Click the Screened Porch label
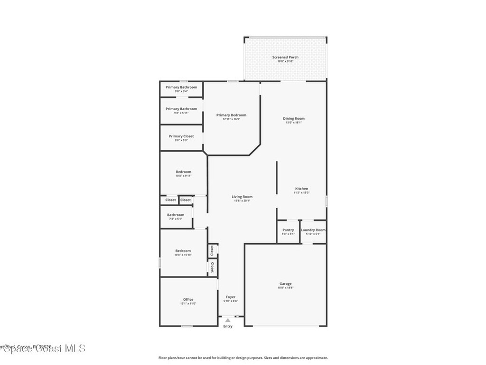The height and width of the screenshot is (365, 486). click(285, 58)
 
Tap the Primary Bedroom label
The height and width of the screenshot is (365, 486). click(231, 115)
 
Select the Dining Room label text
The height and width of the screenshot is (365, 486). click(294, 119)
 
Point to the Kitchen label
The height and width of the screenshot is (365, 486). click(301, 189)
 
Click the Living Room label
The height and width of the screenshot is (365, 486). click(242, 197)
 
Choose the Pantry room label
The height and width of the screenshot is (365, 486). click(288, 230)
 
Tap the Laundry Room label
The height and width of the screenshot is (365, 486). click(313, 230)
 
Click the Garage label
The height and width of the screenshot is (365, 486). click(285, 284)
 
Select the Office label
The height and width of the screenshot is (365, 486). click(188, 299)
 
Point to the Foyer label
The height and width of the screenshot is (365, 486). click(230, 297)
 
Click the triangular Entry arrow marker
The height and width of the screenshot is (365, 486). click(228, 320)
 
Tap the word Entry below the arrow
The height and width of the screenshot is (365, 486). click(228, 326)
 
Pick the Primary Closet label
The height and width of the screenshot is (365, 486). click(181, 136)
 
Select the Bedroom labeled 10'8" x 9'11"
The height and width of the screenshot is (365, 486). click(183, 172)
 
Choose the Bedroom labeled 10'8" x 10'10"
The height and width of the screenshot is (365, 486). click(183, 251)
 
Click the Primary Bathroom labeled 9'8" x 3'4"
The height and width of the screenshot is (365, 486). click(181, 87)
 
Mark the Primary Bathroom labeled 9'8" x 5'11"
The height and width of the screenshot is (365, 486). click(181, 109)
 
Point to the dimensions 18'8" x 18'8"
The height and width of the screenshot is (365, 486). click(285, 288)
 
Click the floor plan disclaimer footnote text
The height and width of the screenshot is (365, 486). click(243, 358)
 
